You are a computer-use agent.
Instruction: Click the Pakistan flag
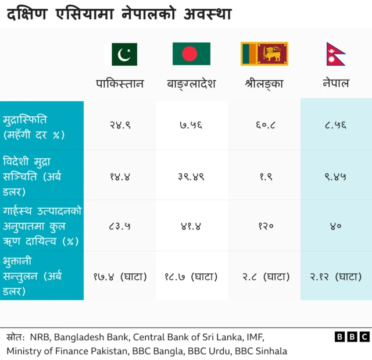tap(120, 54)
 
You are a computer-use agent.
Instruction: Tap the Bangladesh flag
tap(191, 54)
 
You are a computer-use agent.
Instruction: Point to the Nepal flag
tap(336, 54)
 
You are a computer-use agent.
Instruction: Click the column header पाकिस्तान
tap(120, 83)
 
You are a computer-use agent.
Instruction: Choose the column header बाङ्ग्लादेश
tap(191, 83)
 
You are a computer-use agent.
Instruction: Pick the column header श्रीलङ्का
tap(264, 83)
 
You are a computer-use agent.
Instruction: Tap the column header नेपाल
tap(336, 83)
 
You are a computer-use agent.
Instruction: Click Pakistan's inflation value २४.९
tap(120, 125)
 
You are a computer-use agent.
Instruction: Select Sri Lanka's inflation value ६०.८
tap(264, 125)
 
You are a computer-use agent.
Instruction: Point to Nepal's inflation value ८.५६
tap(336, 125)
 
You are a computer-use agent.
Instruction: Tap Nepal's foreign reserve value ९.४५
tap(336, 175)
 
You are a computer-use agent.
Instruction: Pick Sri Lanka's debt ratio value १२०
tap(264, 226)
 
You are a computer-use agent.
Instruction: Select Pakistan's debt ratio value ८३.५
tap(120, 226)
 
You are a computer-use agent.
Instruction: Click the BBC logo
tap(352, 337)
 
